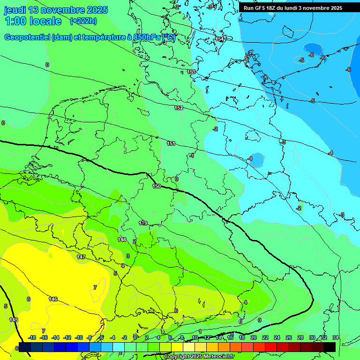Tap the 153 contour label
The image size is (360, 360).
191,72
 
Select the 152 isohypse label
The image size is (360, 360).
179,108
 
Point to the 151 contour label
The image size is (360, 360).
171,143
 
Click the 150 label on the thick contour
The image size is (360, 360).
157,186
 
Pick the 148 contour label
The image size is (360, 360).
122,240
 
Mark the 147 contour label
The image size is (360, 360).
81,257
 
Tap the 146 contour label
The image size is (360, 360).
53,299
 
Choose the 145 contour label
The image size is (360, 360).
14,319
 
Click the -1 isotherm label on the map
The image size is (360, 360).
191,156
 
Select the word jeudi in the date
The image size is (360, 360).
15,10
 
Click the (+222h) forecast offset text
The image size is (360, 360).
83,21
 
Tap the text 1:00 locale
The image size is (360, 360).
33,21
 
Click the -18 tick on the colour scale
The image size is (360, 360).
32,337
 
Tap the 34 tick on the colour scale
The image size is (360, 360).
335,337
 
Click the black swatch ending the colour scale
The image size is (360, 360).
329,347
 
